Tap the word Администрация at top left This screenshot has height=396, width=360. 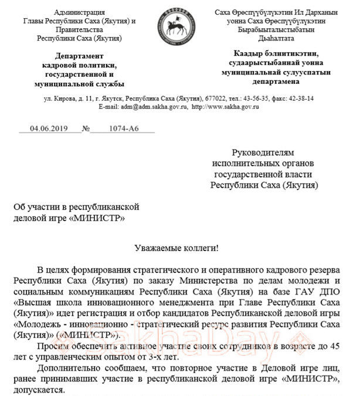click(x=79, y=12)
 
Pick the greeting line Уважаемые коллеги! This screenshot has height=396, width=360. click(x=179, y=248)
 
